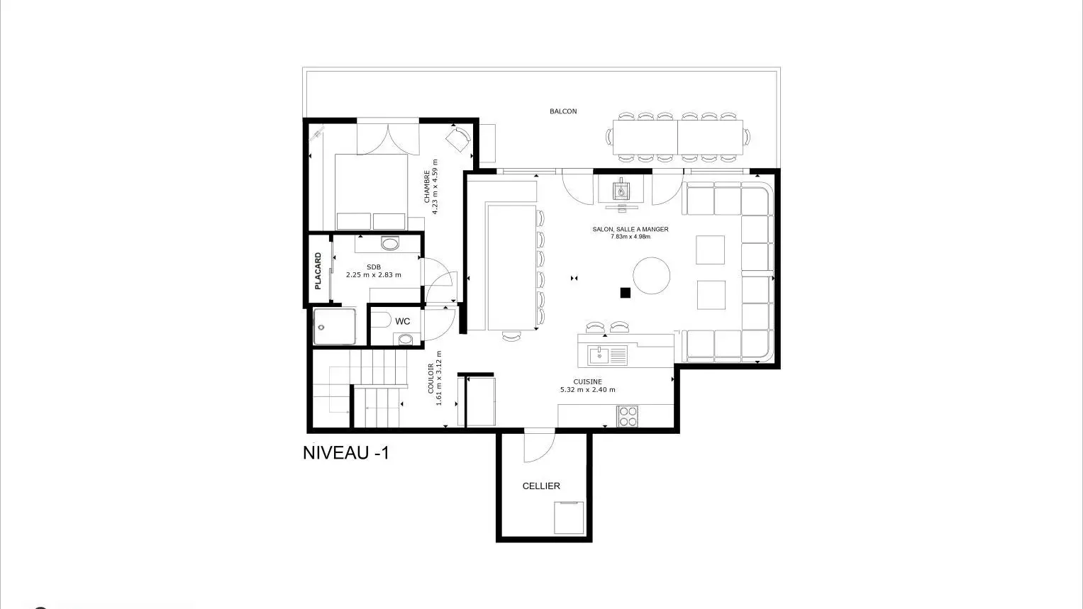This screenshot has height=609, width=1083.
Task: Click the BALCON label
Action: click(563, 111)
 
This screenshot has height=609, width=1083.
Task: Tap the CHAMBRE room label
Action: click(427, 186)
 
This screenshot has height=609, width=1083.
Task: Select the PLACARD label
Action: click(318, 271)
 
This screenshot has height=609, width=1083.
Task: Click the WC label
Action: click(402, 321)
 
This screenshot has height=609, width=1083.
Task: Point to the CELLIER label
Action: click(541, 486)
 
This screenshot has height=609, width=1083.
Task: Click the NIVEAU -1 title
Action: click(345, 453)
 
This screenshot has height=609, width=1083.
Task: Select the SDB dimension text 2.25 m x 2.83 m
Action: click(374, 275)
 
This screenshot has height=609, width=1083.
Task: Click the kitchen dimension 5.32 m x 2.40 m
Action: click(588, 389)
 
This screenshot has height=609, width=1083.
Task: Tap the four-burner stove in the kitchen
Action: click(628, 417)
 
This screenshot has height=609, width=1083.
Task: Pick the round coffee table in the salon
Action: click(651, 276)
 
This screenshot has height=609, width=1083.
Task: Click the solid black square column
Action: click(625, 292)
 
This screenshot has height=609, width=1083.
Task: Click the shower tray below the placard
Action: click(334, 327)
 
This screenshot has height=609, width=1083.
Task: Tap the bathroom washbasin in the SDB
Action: click(389, 243)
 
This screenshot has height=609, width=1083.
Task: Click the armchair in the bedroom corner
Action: click(458, 139)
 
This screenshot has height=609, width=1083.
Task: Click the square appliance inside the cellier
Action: click(569, 518)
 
